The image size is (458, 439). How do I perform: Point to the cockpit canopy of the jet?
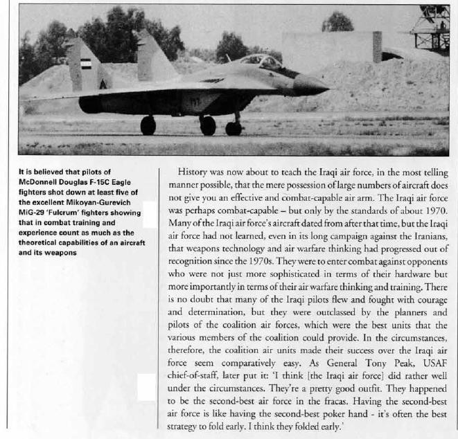click(262, 62)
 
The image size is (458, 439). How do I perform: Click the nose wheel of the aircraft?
click(234, 128)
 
